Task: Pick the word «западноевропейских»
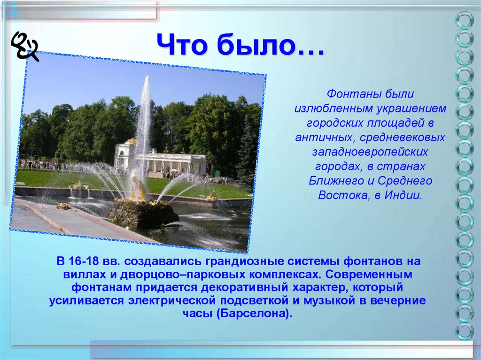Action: (x=370, y=152)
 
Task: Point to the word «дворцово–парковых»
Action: (x=183, y=275)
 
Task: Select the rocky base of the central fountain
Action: (x=143, y=213)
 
